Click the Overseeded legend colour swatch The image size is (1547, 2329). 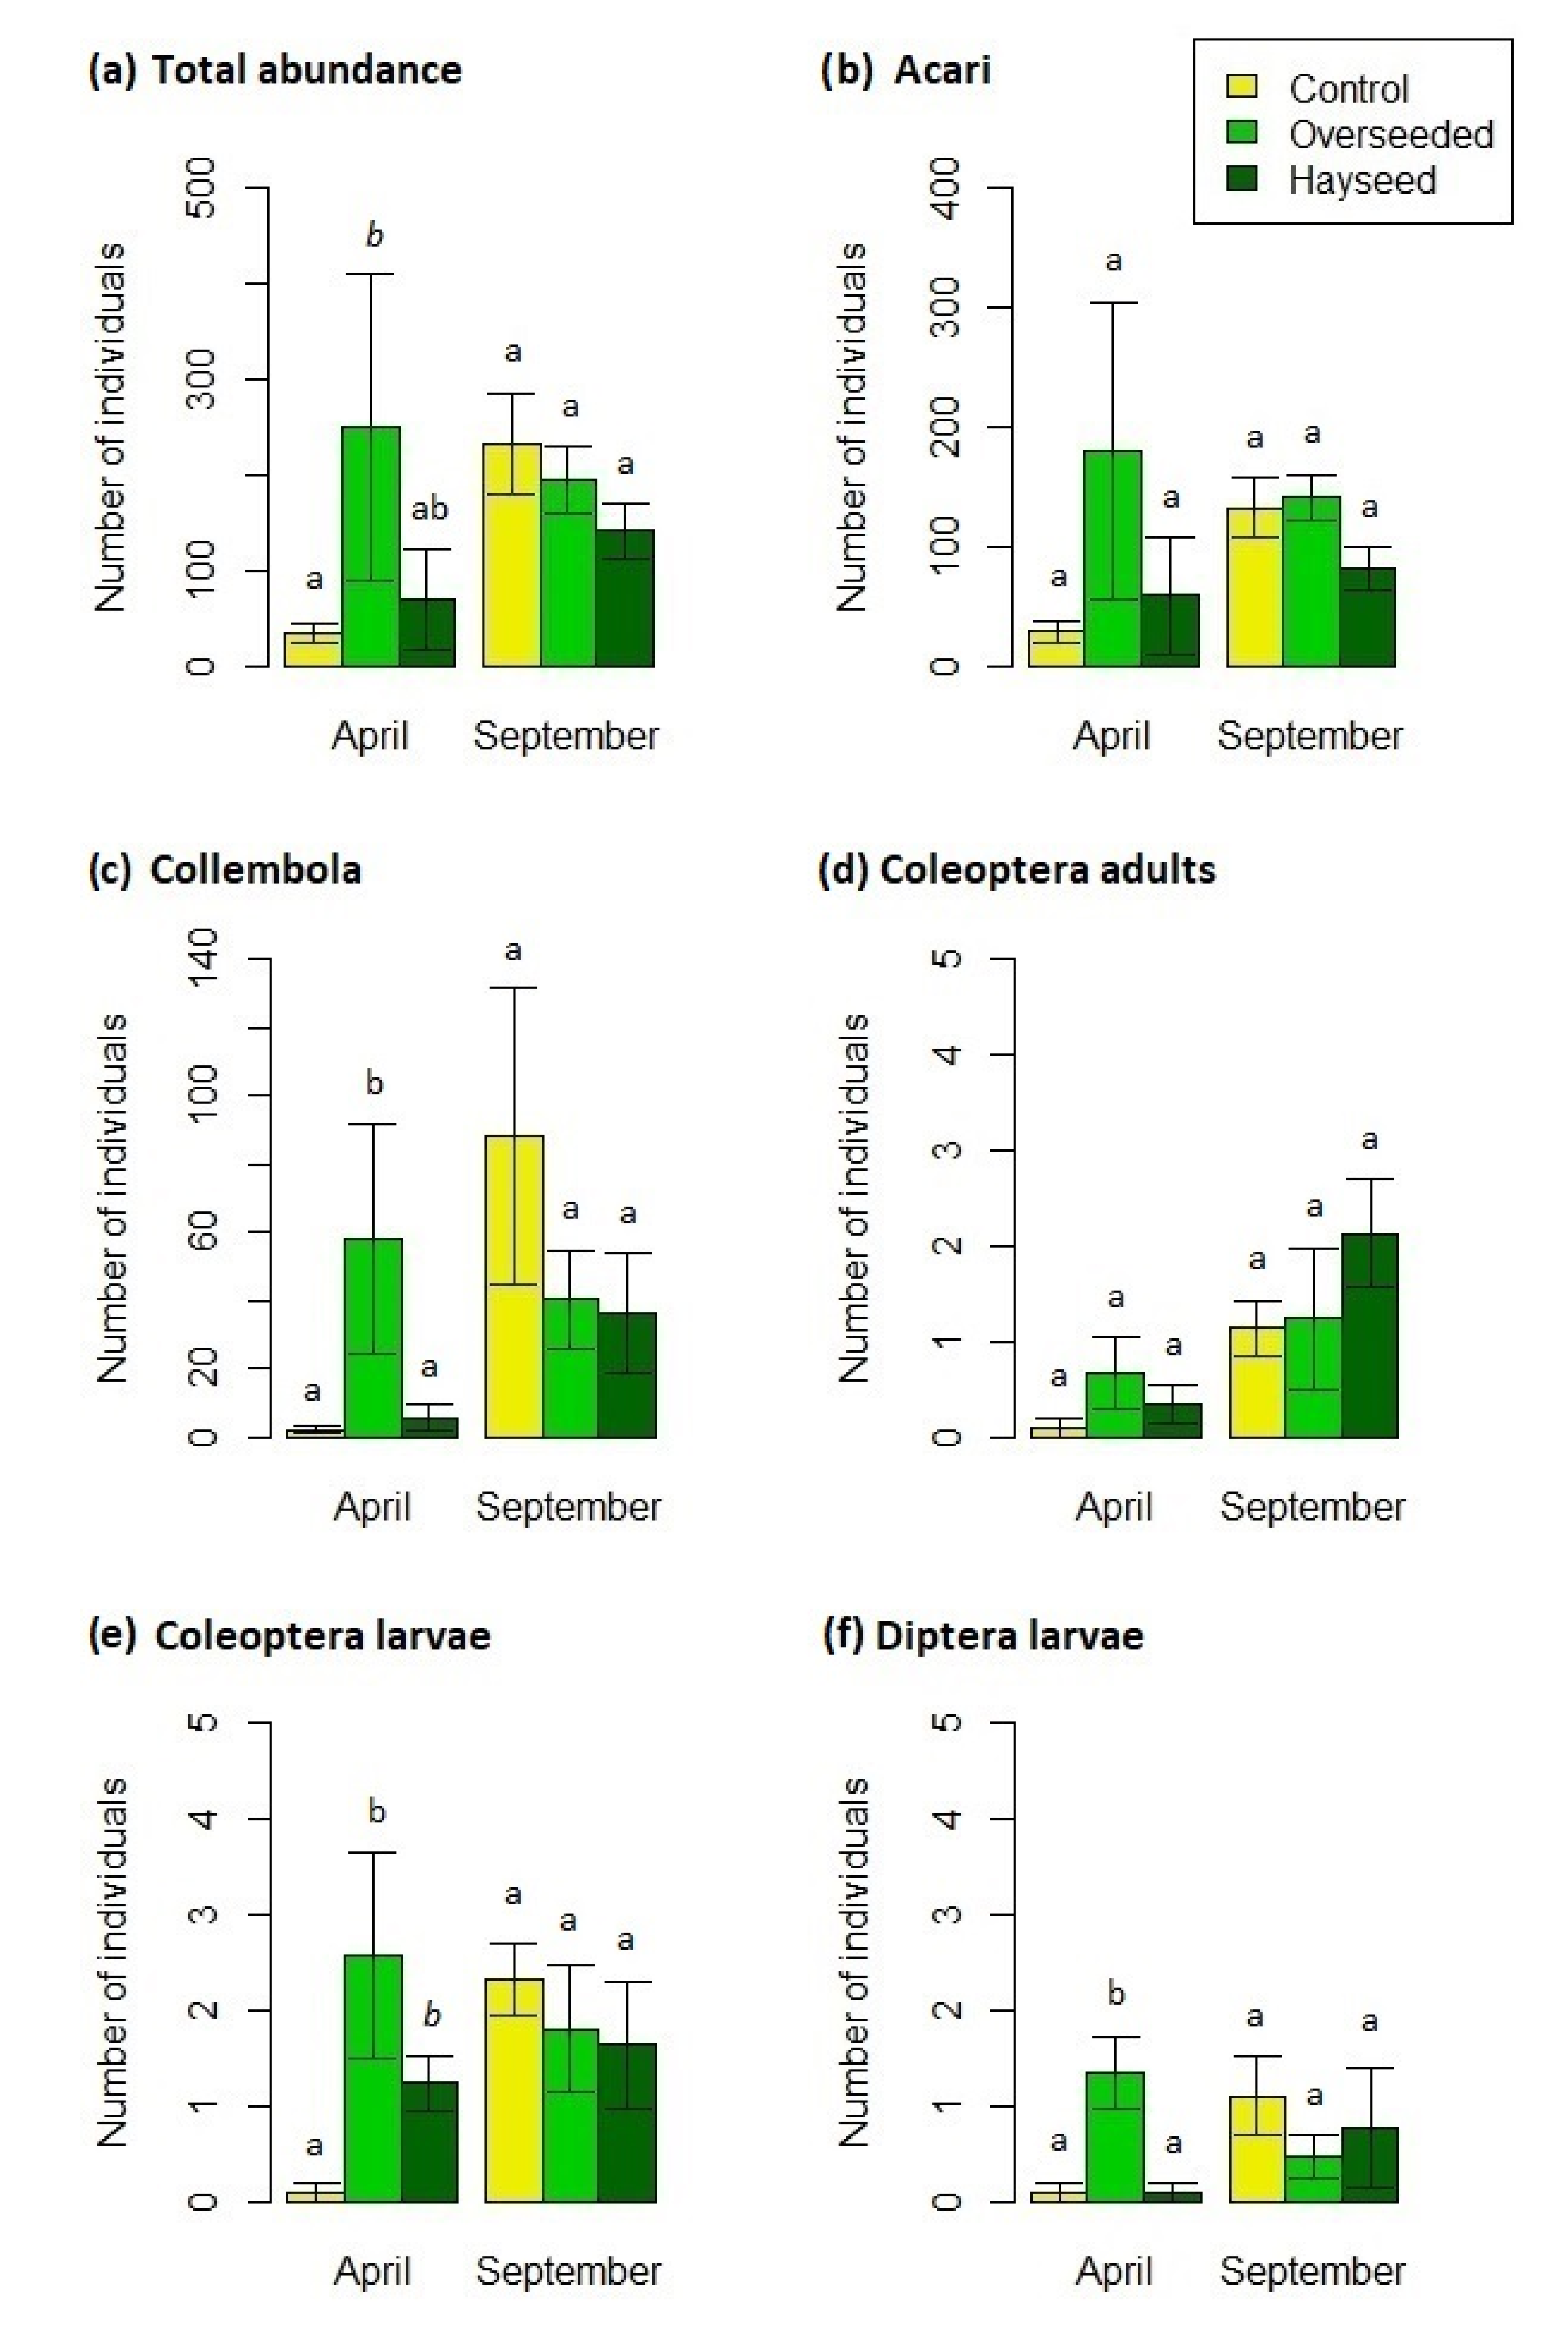(x=1241, y=132)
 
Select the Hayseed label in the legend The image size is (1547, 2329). (x=1361, y=181)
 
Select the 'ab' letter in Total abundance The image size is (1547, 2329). (x=429, y=509)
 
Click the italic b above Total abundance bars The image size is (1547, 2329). (x=374, y=235)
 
